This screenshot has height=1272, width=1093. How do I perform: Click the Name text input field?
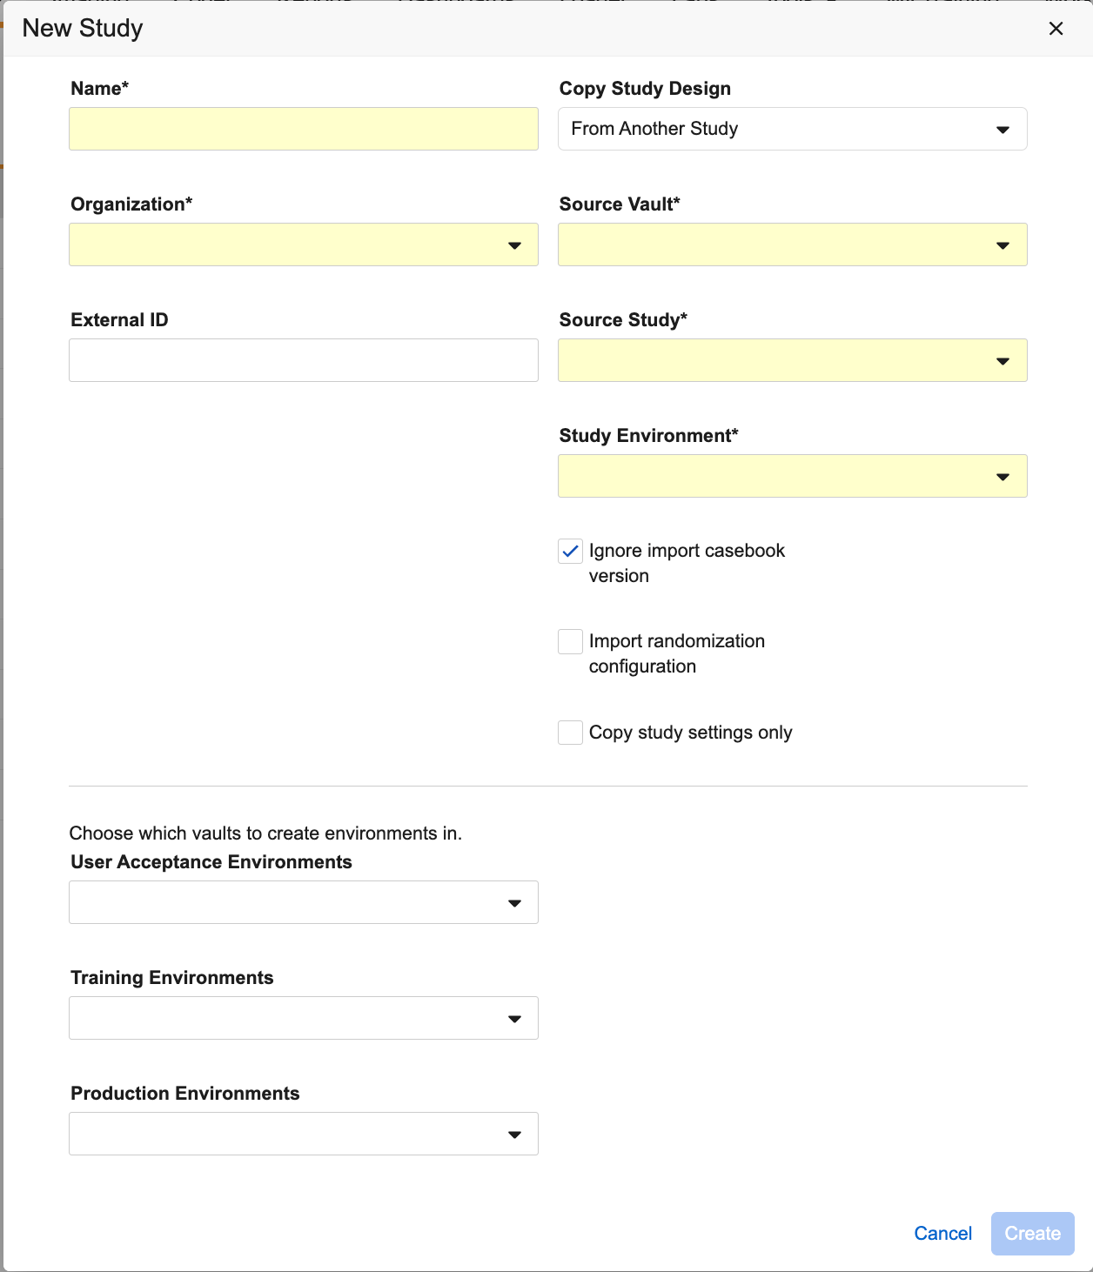tap(303, 129)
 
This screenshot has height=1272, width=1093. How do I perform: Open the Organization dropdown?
tap(303, 244)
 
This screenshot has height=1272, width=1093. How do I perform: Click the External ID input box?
tap(303, 360)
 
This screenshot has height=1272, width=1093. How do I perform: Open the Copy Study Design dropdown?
tap(792, 129)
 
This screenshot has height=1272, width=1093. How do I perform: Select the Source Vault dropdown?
tap(792, 244)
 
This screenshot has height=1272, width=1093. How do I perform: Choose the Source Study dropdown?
tap(792, 360)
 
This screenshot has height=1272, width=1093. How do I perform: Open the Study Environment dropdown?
tap(792, 476)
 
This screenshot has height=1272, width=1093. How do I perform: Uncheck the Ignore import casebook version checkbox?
tap(570, 551)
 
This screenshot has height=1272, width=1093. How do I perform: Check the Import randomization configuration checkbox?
tap(570, 641)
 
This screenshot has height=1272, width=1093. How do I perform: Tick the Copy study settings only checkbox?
tap(570, 733)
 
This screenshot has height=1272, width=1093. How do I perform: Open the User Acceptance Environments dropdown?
tap(303, 902)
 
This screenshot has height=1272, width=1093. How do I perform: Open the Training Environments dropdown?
tap(303, 1018)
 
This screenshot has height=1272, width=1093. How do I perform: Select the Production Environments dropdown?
tap(303, 1134)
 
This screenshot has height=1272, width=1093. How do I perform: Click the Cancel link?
tap(942, 1233)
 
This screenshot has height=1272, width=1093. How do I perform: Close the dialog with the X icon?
tap(1056, 29)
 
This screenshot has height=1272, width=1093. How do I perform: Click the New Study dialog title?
tap(83, 28)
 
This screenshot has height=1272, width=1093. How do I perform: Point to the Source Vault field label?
tap(619, 204)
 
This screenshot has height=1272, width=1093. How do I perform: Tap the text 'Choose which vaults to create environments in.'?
tap(265, 833)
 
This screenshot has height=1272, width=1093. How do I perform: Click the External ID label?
tap(119, 320)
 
